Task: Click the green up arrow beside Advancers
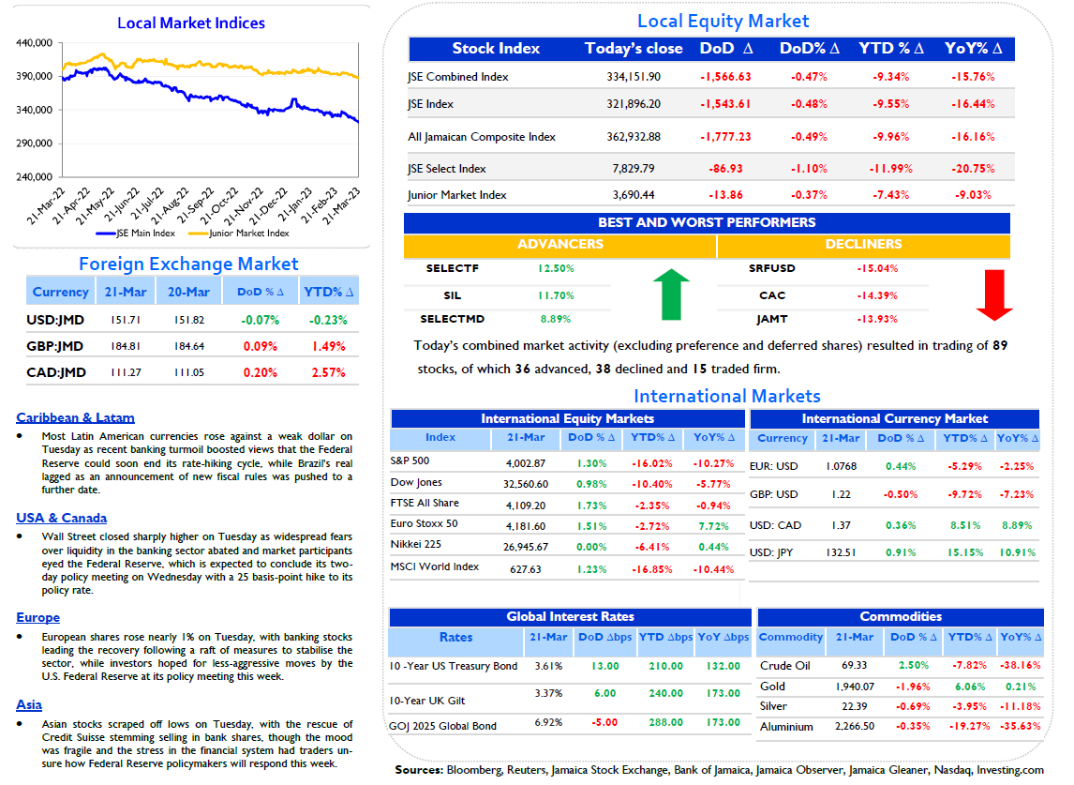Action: click(671, 294)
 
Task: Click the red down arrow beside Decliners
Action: click(994, 294)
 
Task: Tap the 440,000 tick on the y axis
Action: click(35, 42)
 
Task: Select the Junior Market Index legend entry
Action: click(239, 234)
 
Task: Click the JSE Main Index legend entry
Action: click(136, 234)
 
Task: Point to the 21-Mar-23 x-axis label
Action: click(341, 205)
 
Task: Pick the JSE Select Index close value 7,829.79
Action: click(634, 168)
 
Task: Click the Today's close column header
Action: click(634, 48)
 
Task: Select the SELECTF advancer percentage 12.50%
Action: click(556, 268)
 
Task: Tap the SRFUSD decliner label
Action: click(772, 268)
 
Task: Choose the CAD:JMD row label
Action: click(56, 372)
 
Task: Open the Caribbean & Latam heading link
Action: click(75, 417)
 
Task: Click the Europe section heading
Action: click(38, 617)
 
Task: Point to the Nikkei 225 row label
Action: click(416, 544)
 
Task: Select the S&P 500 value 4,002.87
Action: click(526, 462)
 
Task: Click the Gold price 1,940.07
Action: click(855, 687)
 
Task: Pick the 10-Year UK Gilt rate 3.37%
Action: click(548, 693)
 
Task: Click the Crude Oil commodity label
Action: click(785, 665)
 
